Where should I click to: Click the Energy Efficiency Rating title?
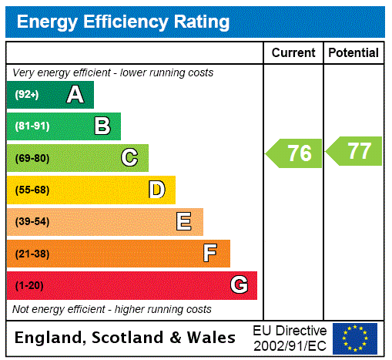123,22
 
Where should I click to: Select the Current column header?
293,53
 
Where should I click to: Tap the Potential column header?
353,53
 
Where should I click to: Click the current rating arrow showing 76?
295,153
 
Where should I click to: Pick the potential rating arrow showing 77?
354,151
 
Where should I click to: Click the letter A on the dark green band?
75,95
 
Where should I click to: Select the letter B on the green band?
102,126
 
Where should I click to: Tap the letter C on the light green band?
129,158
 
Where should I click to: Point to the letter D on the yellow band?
156,190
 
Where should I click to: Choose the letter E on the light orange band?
183,222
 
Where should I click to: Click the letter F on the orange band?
210,254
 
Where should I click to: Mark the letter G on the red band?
239,286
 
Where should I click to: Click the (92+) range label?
27,95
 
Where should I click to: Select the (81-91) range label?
32,126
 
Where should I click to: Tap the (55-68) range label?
32,190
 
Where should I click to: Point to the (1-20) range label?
29,286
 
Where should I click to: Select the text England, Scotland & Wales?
126,338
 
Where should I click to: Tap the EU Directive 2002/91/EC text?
290,338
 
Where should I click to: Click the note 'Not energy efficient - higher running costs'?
112,309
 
